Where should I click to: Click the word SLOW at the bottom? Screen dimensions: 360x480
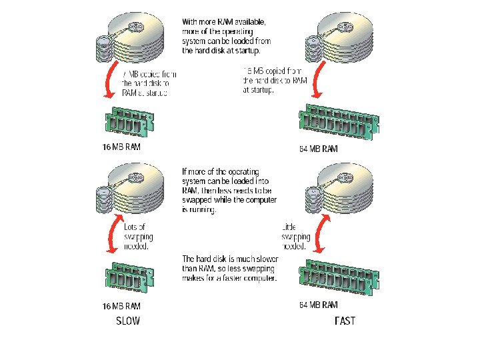click(128, 321)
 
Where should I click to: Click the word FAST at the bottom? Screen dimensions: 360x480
click(345, 321)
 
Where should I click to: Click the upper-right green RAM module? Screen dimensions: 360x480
click(337, 121)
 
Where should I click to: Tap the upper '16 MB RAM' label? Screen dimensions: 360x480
click(121, 147)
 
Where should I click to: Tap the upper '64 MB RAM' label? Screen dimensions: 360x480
click(319, 149)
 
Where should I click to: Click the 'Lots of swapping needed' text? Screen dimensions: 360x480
click(138, 237)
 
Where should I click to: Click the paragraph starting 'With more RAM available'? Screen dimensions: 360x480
click(227, 36)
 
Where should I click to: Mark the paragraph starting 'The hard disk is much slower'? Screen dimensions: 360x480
click(230, 268)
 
